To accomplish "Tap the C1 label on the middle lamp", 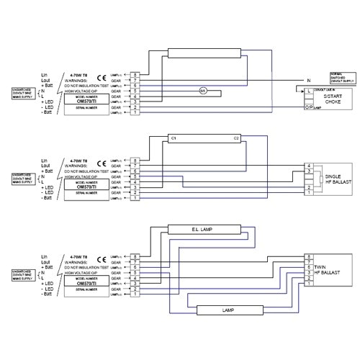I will pyautogui.click(x=173, y=138).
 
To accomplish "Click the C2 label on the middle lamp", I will pyautogui.click(x=235, y=138).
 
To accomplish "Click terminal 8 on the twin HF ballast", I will pyautogui.click(x=309, y=256).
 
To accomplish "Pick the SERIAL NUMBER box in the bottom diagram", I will pyautogui.click(x=86, y=294).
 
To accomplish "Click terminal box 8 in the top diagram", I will pyautogui.click(x=135, y=74).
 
